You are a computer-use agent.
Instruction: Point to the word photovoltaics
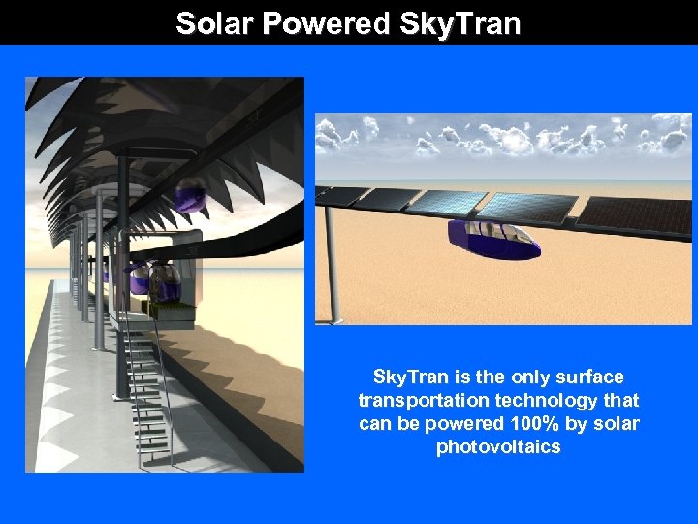(498, 446)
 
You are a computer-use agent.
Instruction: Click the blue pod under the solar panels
(493, 239)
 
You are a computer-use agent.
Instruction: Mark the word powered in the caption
(460, 423)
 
